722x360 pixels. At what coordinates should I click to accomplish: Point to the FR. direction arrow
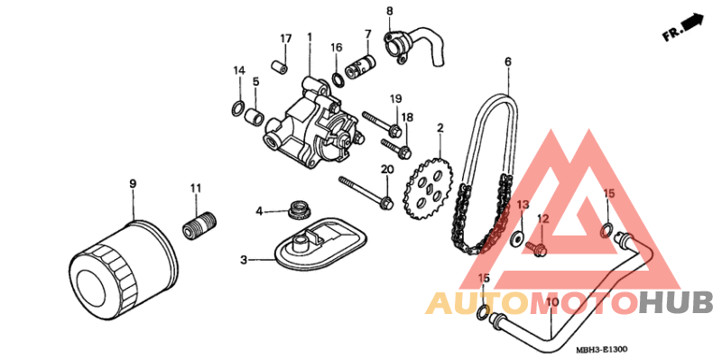tap(682, 27)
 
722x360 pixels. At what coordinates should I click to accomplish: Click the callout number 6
tap(507, 61)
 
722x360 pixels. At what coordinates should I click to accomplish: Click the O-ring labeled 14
tap(236, 109)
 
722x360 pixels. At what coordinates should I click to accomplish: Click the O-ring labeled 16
tap(338, 78)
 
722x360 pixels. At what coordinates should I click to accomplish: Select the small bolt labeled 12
tap(538, 245)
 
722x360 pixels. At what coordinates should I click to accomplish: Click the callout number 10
tap(552, 301)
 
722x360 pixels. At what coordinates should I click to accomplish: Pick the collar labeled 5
tap(255, 116)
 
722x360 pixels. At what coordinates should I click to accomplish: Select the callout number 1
tap(309, 37)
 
